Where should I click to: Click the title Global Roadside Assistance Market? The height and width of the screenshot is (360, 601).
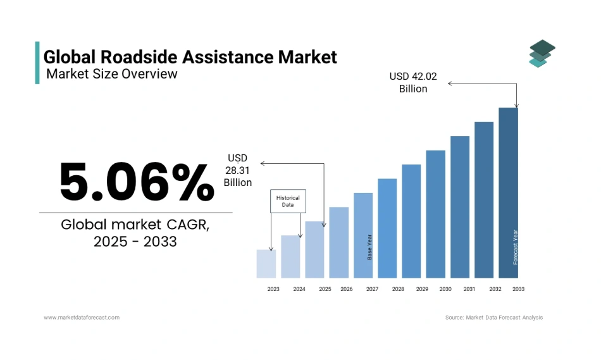pos(190,57)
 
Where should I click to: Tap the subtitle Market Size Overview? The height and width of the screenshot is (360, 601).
pos(112,74)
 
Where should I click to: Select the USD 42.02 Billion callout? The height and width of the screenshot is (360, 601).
pos(412,82)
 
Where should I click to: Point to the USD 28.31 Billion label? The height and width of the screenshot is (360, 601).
pos(238,170)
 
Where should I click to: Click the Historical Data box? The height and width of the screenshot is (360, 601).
pos(288,201)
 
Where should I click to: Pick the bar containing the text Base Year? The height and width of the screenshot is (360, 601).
pos(363,235)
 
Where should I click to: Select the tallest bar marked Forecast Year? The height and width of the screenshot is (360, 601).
pos(508,193)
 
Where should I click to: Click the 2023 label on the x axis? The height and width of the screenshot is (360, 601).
pos(273,289)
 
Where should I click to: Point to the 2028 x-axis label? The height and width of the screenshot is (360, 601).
pos(398,289)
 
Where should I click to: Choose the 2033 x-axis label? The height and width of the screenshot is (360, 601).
pos(518,289)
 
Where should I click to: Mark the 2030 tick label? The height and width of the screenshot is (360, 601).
pos(445,289)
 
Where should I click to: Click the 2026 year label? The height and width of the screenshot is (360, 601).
pos(346,289)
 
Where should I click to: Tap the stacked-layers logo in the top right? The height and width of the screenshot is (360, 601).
pos(542,53)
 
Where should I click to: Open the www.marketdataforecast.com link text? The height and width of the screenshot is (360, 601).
pos(82,317)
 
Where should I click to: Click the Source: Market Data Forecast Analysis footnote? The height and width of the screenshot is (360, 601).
pos(493,317)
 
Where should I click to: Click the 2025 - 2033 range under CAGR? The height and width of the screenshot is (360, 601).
pos(135,241)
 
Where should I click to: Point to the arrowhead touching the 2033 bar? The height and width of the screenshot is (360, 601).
pos(517,105)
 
